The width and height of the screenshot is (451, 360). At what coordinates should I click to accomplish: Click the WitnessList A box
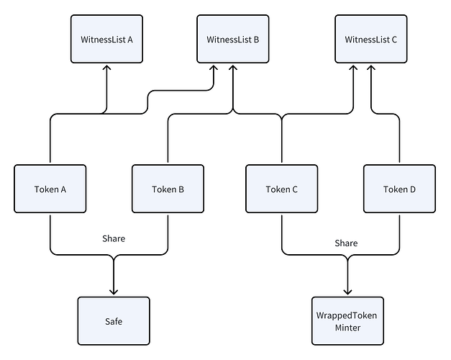106,40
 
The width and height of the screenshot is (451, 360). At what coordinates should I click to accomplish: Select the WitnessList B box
232,40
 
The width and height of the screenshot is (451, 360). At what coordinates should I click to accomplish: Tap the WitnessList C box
371,40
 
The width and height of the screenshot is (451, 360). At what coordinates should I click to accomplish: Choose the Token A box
50,189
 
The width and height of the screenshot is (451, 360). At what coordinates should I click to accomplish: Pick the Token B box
168,189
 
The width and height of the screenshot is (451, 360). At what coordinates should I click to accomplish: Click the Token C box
282,189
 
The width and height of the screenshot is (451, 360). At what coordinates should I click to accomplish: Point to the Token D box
399,189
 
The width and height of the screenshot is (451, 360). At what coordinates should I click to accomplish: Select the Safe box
114,321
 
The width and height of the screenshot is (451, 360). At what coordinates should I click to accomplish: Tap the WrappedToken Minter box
348,321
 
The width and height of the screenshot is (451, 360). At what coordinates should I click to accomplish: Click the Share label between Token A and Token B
114,238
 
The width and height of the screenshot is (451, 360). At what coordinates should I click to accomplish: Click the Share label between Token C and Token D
346,243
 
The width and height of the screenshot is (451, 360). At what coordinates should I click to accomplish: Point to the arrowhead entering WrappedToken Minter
348,292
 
